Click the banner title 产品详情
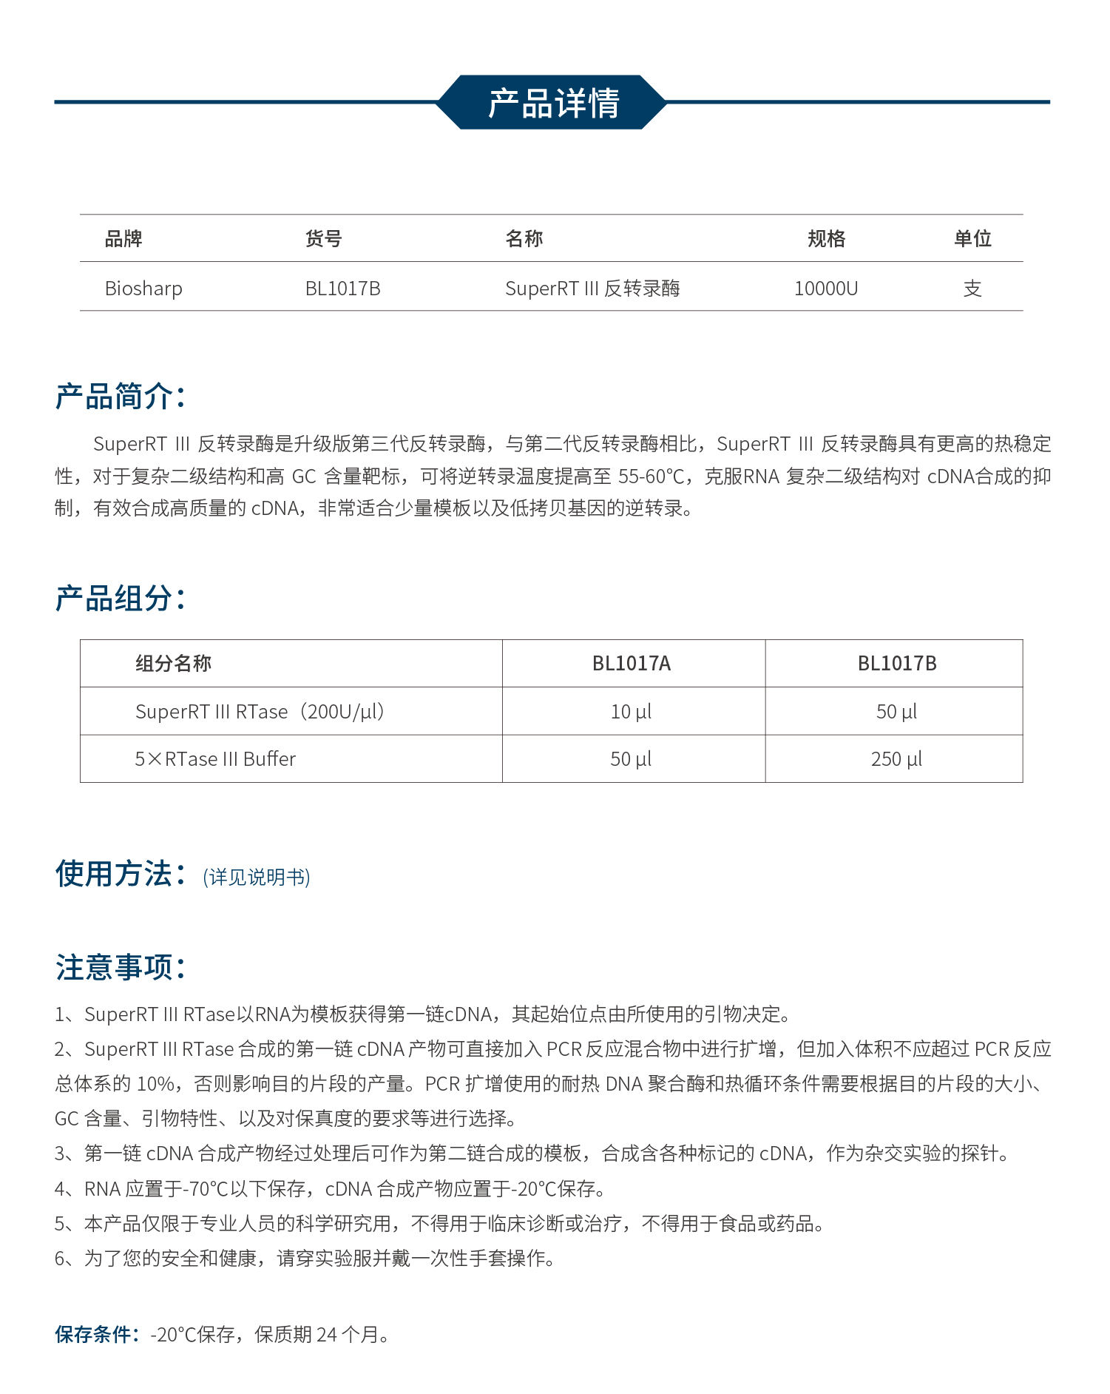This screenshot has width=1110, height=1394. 553,103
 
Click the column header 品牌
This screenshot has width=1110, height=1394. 123,239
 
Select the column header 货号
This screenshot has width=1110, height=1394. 323,239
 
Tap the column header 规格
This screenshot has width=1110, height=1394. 826,239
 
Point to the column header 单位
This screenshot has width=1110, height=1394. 972,239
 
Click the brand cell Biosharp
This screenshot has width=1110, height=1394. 143,289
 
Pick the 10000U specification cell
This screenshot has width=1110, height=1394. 826,289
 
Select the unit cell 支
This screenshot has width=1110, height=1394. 972,289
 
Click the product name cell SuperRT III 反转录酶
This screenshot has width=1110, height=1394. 592,289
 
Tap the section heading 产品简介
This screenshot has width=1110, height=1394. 120,397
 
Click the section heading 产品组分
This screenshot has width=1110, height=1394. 120,598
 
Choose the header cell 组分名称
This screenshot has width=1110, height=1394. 173,664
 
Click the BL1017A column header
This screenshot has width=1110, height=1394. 632,664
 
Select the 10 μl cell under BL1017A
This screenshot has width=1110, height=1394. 631,712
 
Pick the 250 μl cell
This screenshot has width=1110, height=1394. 896,759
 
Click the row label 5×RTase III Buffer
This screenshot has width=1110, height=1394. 215,759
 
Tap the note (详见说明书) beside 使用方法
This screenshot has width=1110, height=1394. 257,878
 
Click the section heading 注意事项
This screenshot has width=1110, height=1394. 120,967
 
